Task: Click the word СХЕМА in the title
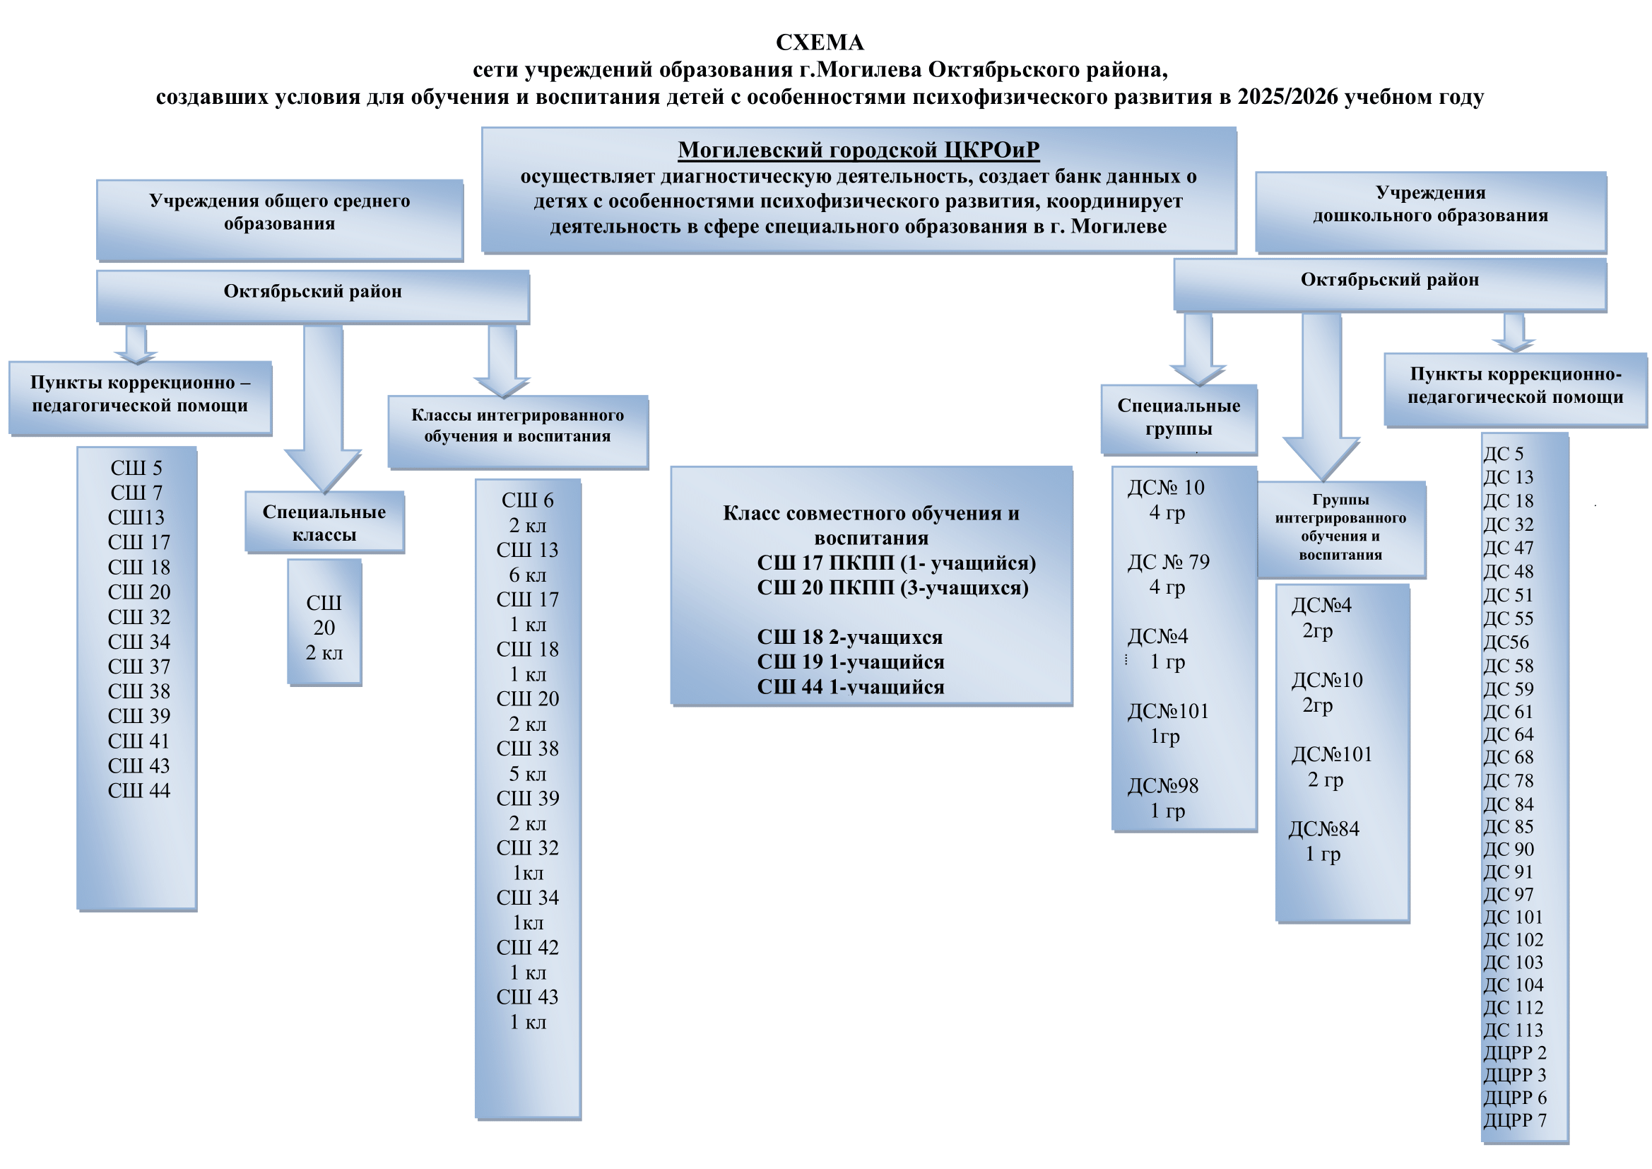coord(820,43)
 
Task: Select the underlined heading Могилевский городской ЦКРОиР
coord(859,150)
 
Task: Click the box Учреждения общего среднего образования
coord(279,219)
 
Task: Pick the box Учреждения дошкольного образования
coord(1430,211)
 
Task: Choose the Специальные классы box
coord(324,522)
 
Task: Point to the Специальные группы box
coord(1179,418)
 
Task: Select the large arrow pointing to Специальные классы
coord(323,411)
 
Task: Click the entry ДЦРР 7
coord(1515,1120)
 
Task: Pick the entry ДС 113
coord(1513,1030)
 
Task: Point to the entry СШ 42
coord(527,947)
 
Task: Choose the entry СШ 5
coord(136,468)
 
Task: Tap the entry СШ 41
coord(138,741)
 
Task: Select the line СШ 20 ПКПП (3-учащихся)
coord(892,588)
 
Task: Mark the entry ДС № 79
coord(1168,562)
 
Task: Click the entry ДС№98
coord(1163,785)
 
